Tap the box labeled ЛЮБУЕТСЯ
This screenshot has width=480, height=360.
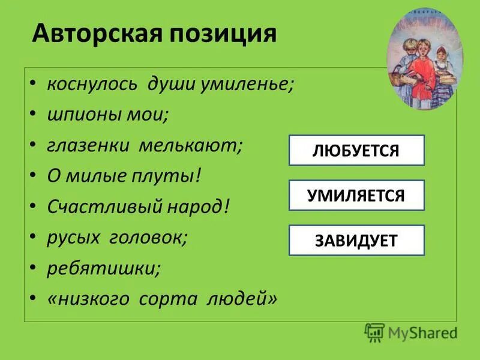[356, 151]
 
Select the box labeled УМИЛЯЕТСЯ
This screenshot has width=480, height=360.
[356, 196]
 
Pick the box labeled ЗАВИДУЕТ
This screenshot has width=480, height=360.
[356, 241]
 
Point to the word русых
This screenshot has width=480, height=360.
[73, 238]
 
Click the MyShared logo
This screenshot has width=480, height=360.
[410, 332]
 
